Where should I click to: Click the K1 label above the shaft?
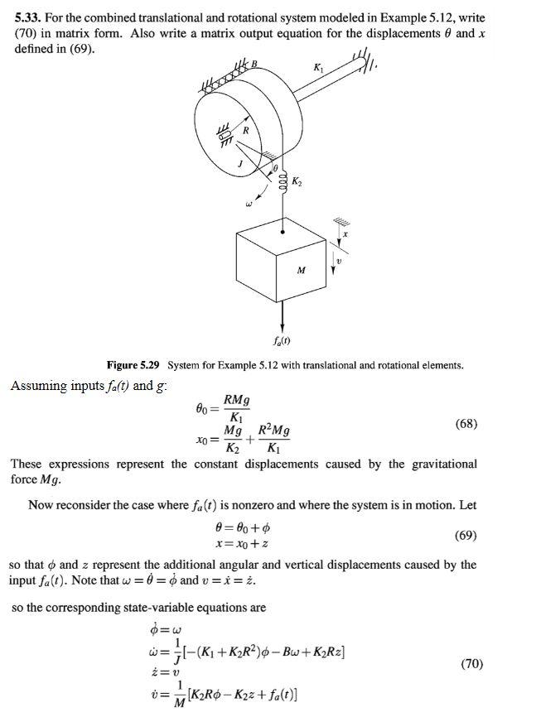point(319,65)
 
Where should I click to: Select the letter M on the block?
point(302,270)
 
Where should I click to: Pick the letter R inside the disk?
point(245,130)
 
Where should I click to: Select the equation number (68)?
point(467,424)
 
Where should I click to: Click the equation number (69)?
point(467,535)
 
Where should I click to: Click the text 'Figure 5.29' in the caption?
point(134,365)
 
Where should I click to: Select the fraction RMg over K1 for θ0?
point(237,409)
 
